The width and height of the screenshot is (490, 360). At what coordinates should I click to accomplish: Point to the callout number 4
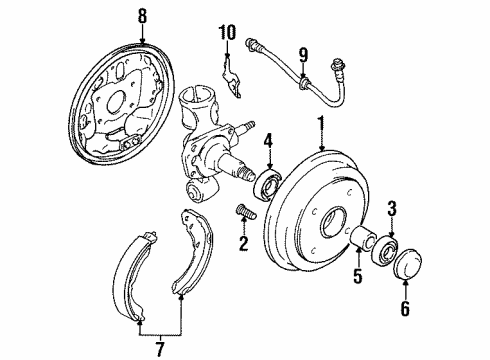click(268, 152)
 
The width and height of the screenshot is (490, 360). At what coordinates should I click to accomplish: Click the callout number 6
click(404, 310)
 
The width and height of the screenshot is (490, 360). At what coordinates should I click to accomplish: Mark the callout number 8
click(142, 16)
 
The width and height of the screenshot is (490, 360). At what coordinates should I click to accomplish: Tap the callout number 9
click(304, 54)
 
